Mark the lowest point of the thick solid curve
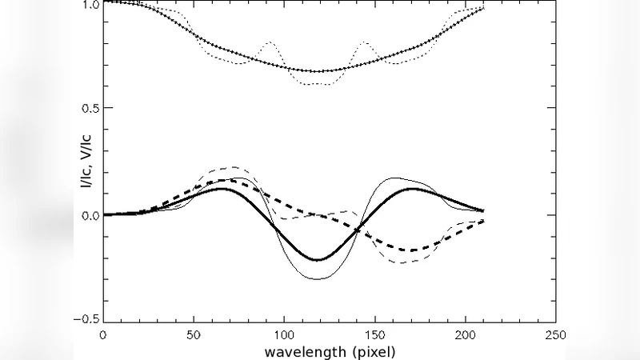click(x=317, y=260)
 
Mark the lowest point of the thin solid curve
click(x=317, y=279)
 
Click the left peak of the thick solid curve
click(x=222, y=189)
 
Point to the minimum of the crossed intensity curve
click(x=317, y=71)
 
